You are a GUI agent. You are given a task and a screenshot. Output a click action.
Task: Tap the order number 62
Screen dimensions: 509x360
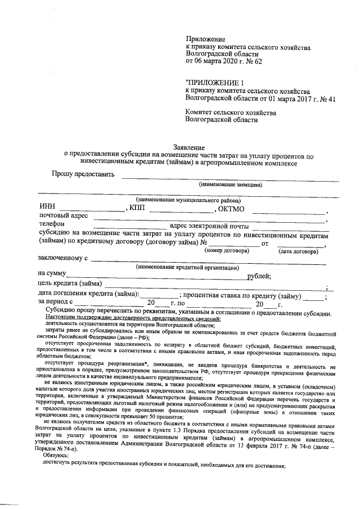[x=256, y=61]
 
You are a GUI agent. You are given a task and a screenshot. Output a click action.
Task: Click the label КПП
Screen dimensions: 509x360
[x=137, y=208]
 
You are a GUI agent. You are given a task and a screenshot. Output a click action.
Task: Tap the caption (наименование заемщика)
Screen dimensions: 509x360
[x=230, y=184]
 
